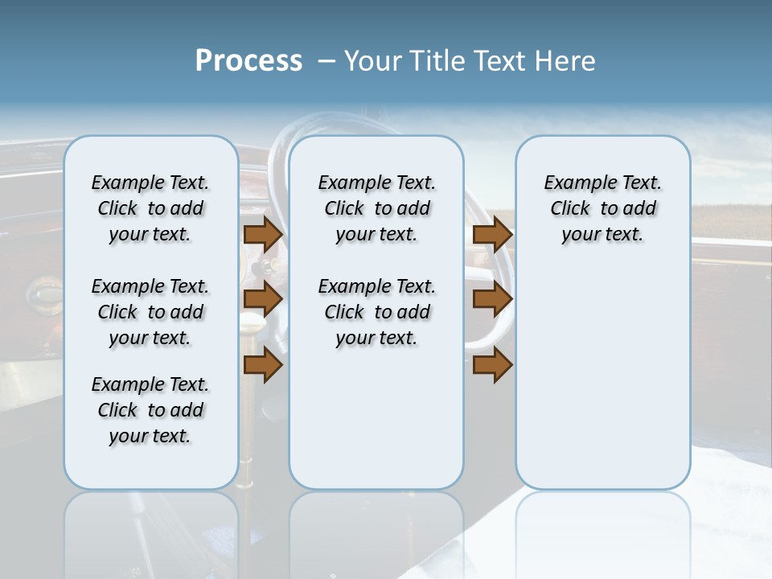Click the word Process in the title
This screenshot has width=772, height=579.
(248, 61)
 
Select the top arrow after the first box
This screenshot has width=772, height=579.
(263, 234)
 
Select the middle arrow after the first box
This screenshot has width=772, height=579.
(263, 300)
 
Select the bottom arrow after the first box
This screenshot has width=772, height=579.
(263, 366)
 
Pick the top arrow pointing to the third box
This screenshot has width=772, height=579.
(492, 234)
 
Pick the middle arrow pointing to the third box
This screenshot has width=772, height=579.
(492, 300)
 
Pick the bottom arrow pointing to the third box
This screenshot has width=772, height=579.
(492, 366)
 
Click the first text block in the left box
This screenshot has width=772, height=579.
(150, 208)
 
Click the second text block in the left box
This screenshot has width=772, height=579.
(150, 312)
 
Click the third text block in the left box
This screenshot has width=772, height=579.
(150, 410)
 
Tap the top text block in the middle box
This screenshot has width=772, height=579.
(376, 208)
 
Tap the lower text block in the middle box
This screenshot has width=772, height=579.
(376, 312)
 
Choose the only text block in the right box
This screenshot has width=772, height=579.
(602, 208)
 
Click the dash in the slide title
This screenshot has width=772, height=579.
(326, 61)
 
